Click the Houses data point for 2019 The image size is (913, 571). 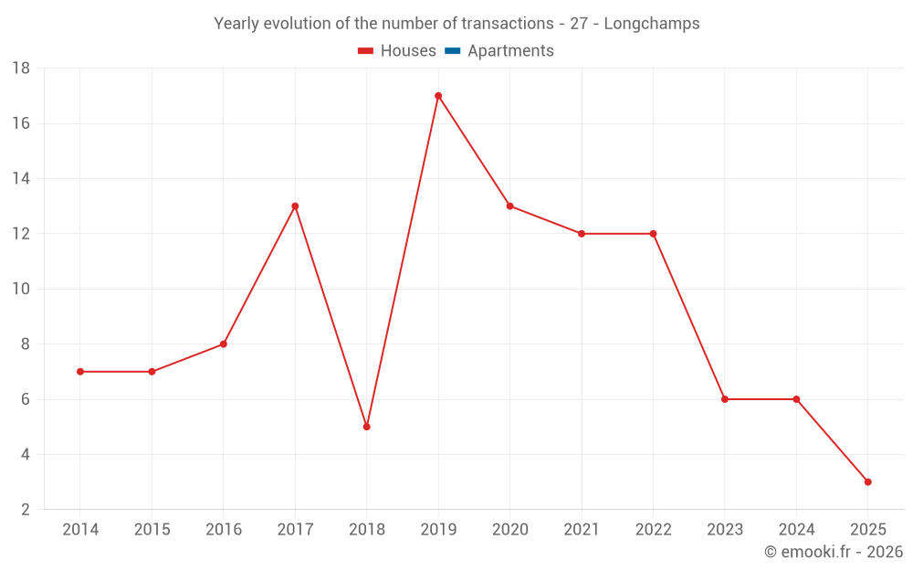tap(438, 96)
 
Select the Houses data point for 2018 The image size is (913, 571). tap(367, 427)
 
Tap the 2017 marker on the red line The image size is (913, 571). tap(295, 206)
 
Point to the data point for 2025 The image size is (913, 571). tap(867, 481)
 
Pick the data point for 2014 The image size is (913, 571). tap(80, 372)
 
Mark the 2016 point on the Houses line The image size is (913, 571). tap(224, 344)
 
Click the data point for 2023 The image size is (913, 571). tap(725, 399)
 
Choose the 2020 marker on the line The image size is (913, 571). tap(509, 206)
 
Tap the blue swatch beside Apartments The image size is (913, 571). tap(453, 51)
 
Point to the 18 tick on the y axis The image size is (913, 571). tap(21, 69)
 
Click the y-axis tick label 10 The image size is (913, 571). tap(21, 289)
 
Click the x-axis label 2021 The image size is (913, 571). tap(582, 530)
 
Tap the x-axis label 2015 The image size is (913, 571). tap(152, 530)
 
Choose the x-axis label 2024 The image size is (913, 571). tap(796, 530)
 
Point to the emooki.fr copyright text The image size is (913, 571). tap(834, 552)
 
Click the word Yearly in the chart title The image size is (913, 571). tap(236, 24)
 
